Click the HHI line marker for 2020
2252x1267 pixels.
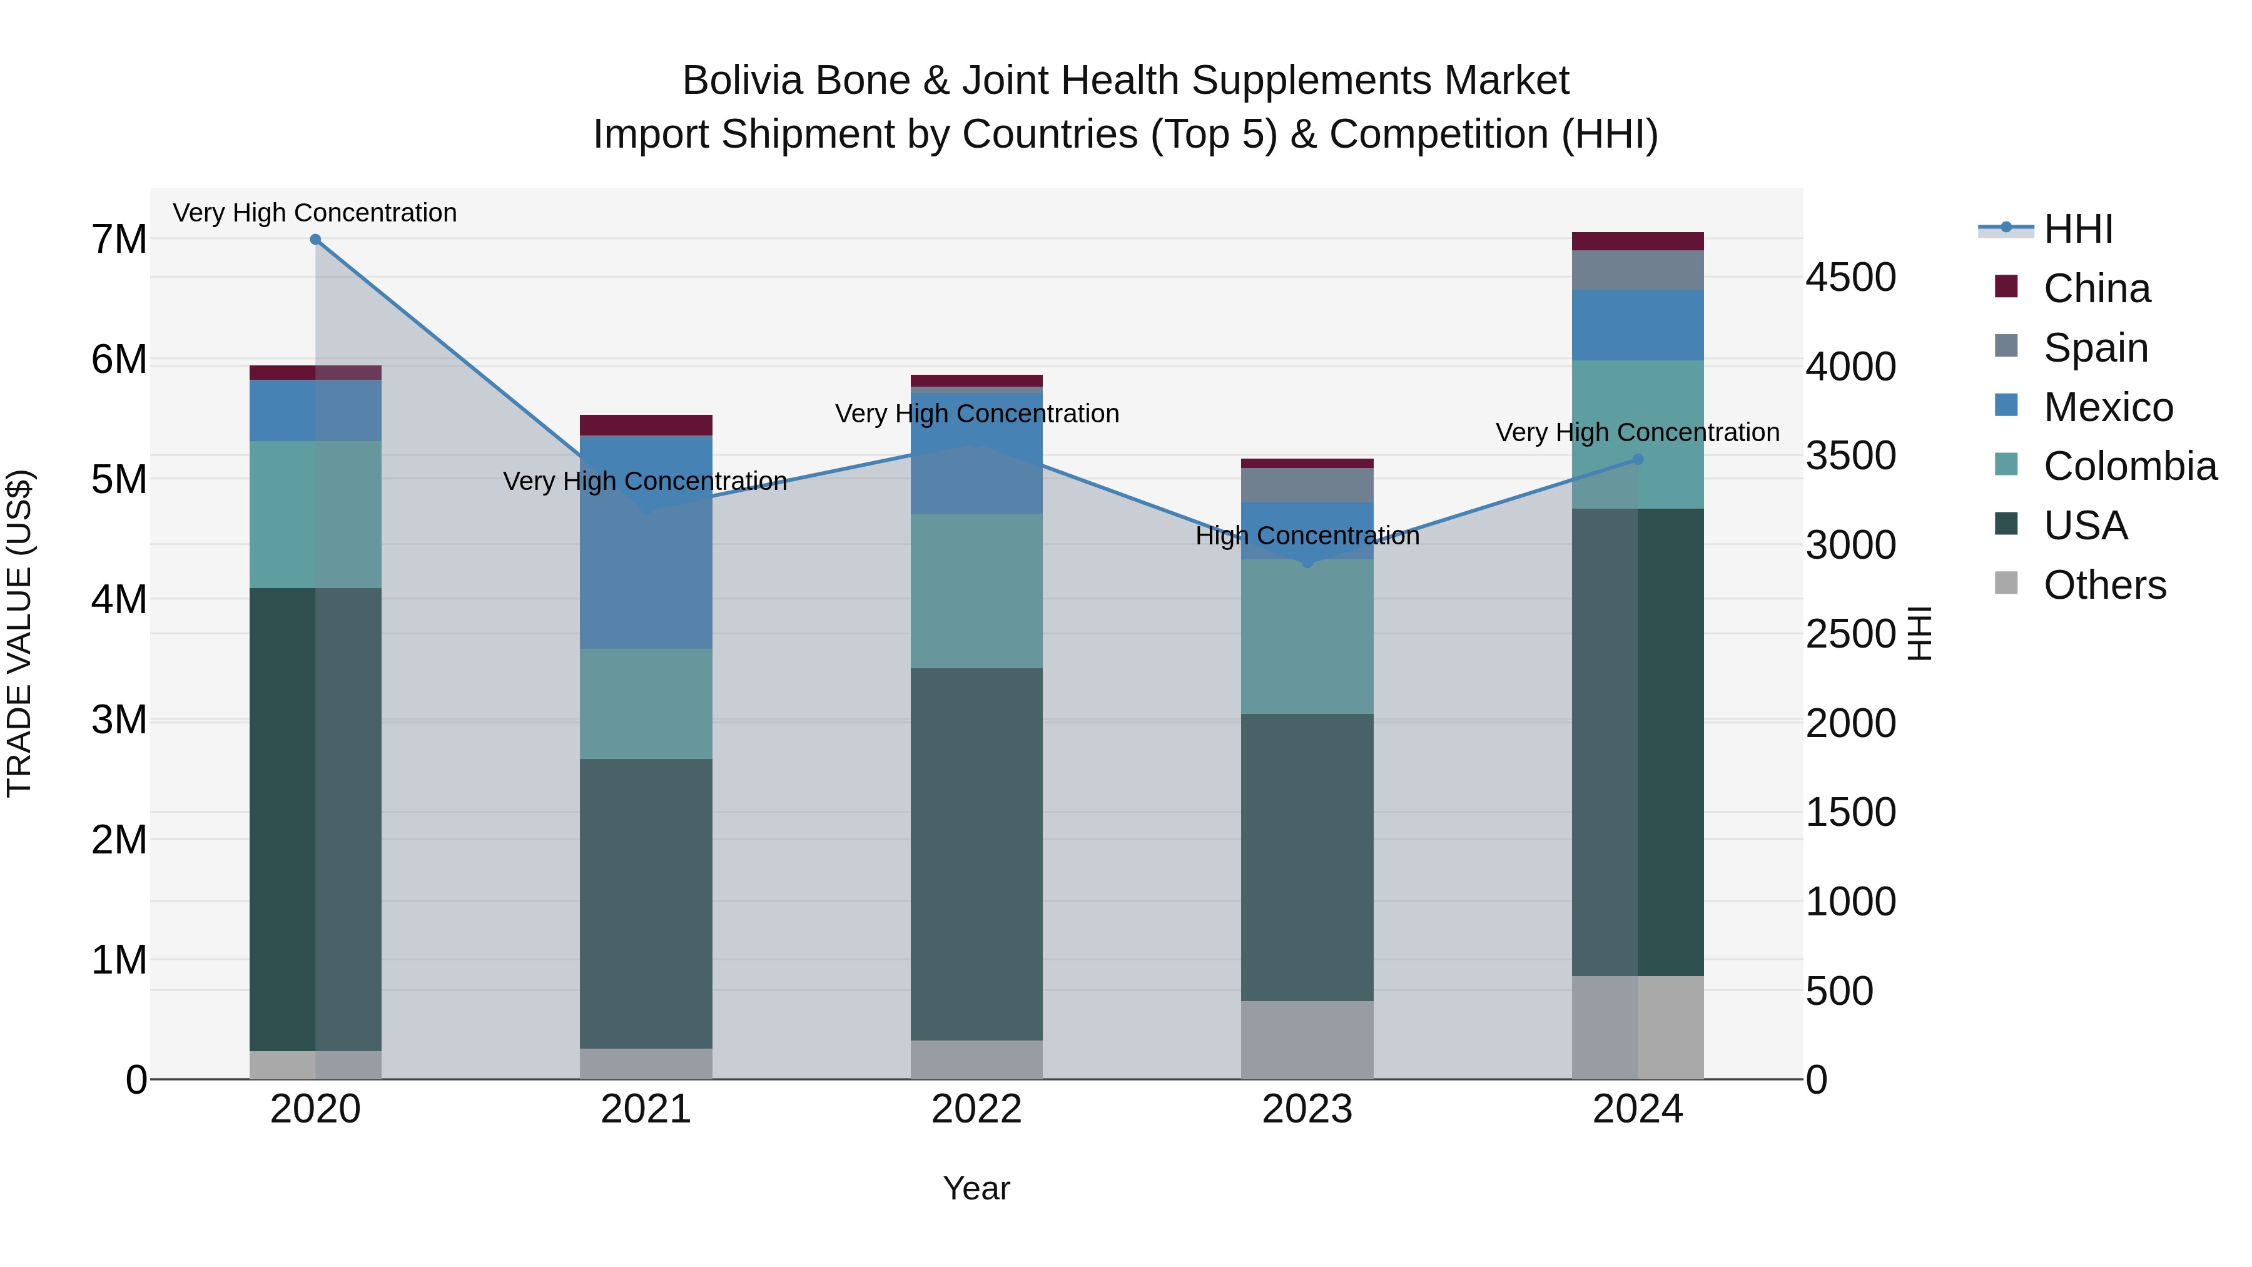316,240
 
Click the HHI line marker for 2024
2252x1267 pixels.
1638,459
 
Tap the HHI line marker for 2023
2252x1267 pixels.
1307,563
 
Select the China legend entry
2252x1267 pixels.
2096,288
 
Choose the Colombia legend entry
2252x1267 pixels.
2129,466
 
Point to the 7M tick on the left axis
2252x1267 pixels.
119,240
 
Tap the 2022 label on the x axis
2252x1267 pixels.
976,1109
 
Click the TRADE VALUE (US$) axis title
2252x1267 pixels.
19,633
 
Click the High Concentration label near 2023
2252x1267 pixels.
1307,536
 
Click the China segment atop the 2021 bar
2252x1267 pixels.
646,425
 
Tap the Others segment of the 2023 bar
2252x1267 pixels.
1307,1040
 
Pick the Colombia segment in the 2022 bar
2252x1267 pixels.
976,591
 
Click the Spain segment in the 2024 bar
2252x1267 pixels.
1638,270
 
